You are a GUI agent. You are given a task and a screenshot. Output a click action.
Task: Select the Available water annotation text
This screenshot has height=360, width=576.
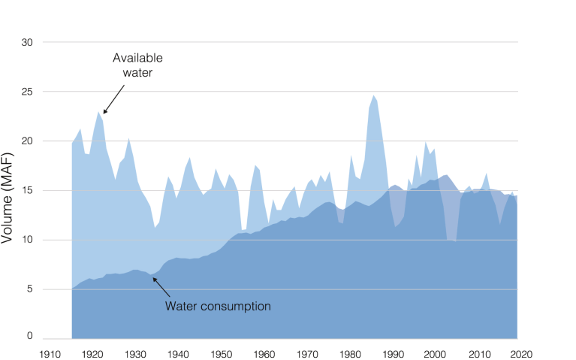tap(137, 65)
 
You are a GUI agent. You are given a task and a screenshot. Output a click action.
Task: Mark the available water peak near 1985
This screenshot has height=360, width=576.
tap(374, 96)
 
